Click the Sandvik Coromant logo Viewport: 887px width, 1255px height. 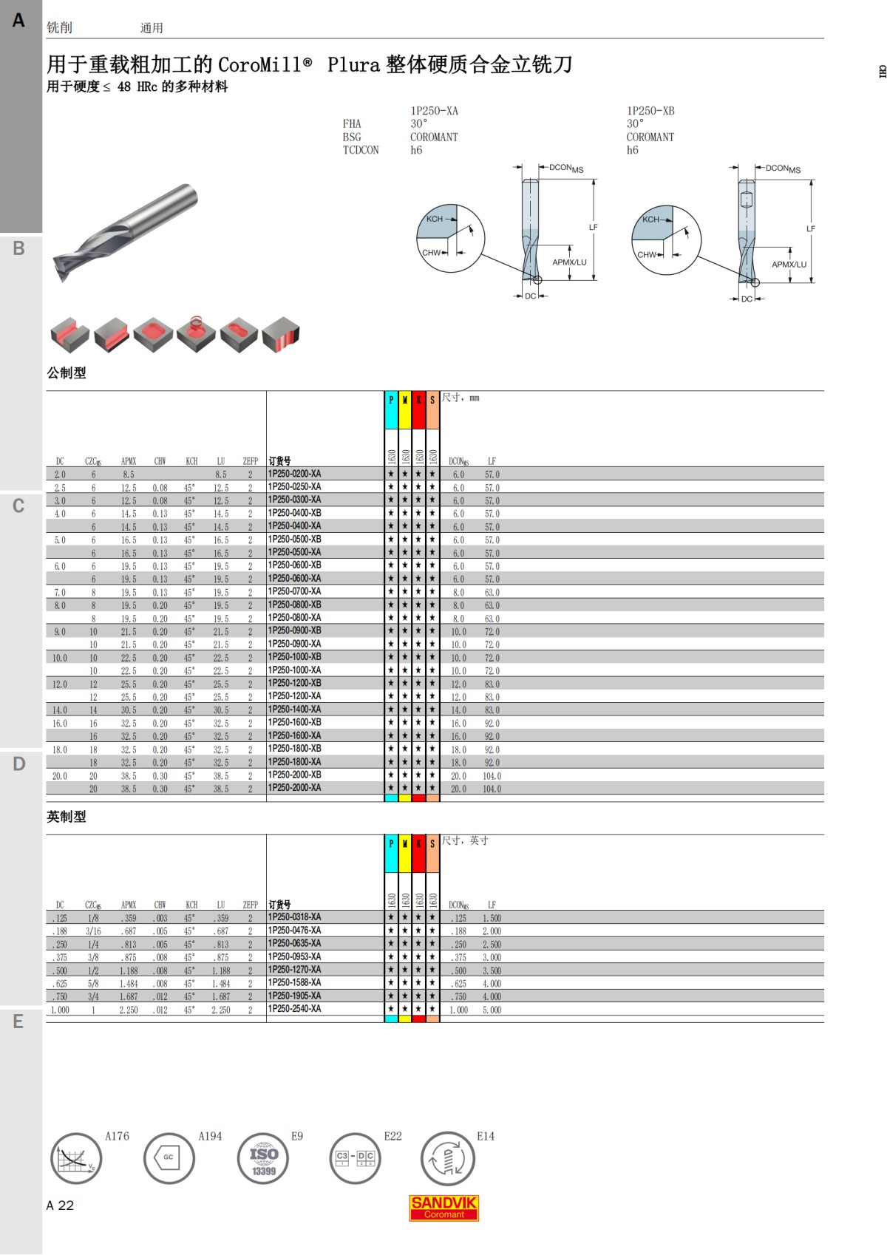tap(443, 1208)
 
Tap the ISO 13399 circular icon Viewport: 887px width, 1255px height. tap(263, 1159)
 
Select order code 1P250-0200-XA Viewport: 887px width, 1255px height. tap(294, 474)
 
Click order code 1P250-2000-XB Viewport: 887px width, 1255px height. tap(294, 775)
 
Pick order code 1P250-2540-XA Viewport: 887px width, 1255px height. tap(294, 1008)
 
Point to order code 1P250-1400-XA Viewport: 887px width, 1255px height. tap(294, 710)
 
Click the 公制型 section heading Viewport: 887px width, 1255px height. tap(66, 373)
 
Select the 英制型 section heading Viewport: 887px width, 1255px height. tap(66, 816)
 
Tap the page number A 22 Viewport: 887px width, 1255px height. tap(60, 1205)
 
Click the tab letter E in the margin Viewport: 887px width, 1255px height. tap(18, 1021)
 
